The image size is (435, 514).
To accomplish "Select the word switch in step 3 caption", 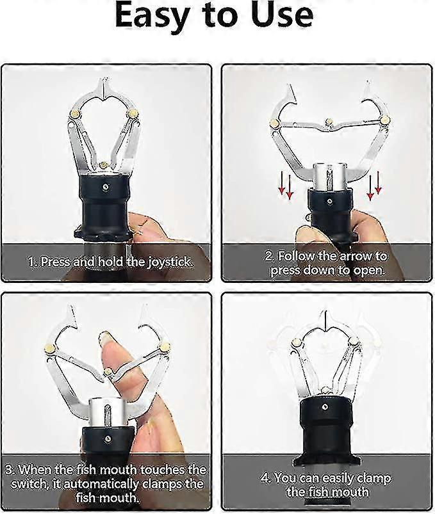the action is (x=26, y=484).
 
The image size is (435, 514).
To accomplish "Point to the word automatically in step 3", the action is (x=98, y=485).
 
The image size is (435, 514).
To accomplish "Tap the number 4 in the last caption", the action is (x=265, y=478).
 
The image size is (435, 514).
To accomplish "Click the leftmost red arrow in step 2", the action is (x=281, y=185).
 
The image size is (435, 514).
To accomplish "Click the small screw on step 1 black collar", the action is (x=105, y=187).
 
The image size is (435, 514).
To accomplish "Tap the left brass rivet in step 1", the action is (x=76, y=115).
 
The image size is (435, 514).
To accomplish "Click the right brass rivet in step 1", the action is (x=133, y=113).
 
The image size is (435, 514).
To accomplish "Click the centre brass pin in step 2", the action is (x=329, y=122).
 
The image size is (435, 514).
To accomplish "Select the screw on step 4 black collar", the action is (x=324, y=407).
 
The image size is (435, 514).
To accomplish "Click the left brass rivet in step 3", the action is (x=49, y=348).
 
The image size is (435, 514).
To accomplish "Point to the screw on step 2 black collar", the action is (x=329, y=201).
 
